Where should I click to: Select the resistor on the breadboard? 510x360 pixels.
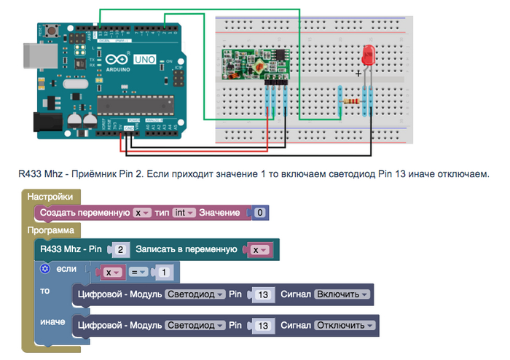355,101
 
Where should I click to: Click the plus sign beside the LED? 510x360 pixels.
358,73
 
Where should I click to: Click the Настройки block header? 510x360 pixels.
50,197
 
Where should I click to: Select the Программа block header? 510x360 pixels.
50,230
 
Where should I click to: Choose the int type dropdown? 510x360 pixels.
185,213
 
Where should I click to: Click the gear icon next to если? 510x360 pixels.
44,269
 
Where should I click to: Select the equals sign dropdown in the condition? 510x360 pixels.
138,273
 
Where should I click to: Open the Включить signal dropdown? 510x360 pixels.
342,295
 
